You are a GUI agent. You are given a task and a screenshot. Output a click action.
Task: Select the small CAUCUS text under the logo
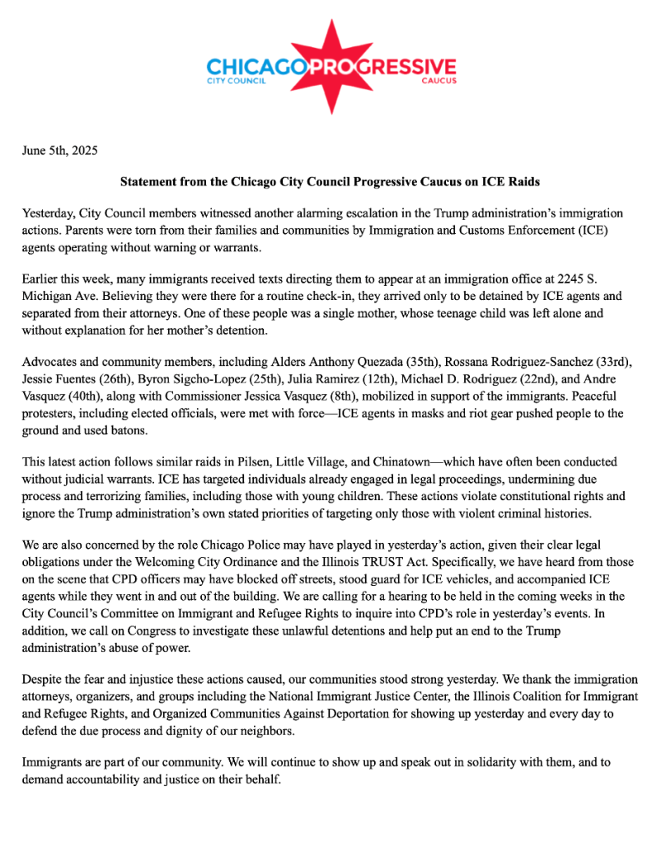coord(439,82)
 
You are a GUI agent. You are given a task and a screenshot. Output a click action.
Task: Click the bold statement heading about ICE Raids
coord(330,180)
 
